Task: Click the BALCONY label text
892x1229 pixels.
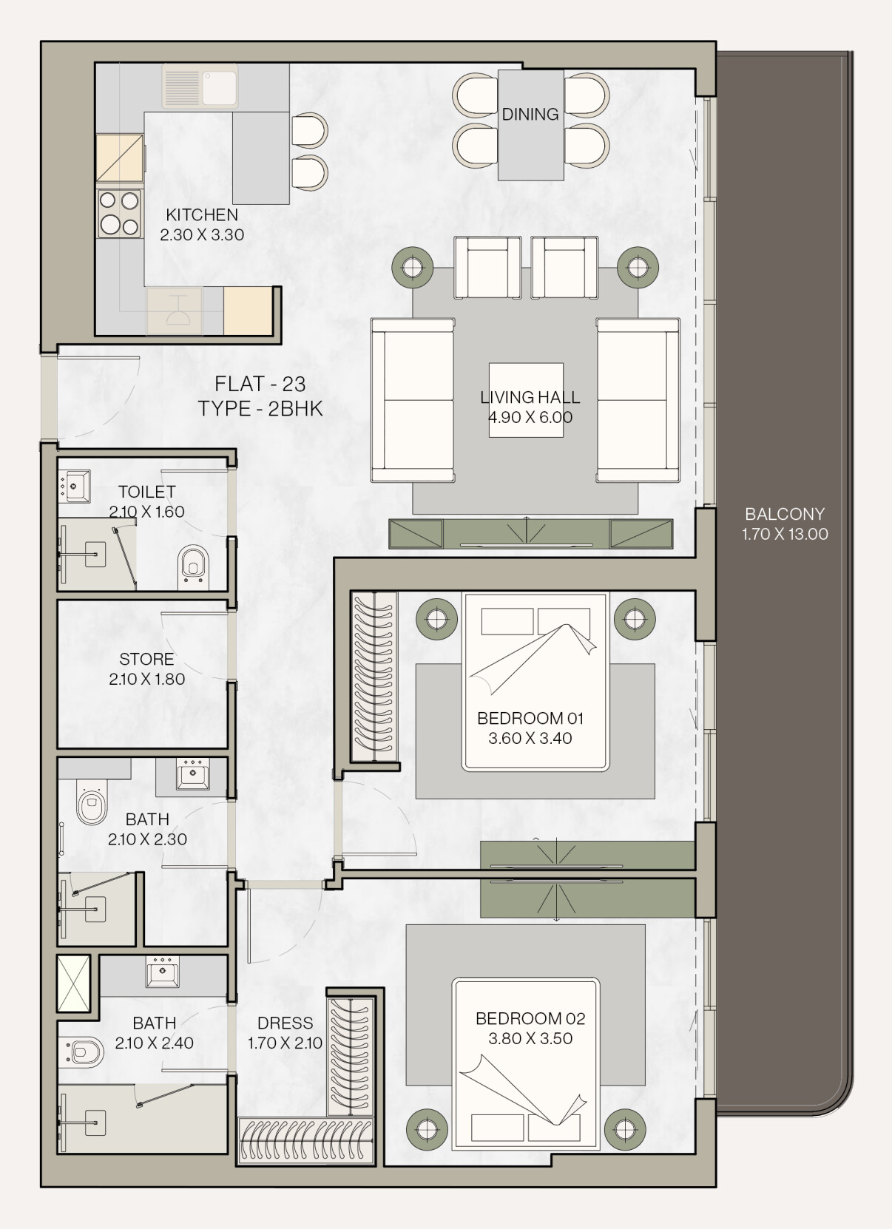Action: (x=785, y=514)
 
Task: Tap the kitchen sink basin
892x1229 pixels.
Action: (x=220, y=88)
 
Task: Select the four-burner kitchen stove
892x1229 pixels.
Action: (x=119, y=214)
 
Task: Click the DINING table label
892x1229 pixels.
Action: (x=530, y=114)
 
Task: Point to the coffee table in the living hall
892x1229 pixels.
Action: (x=526, y=400)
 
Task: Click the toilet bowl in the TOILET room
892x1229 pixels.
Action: (x=193, y=566)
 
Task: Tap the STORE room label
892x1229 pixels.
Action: (x=146, y=659)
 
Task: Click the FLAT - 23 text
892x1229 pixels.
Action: (x=260, y=384)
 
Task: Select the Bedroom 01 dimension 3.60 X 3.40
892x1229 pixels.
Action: (x=530, y=738)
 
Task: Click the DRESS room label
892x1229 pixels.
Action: (x=285, y=1023)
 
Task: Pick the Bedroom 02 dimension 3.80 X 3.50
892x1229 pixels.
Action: (x=530, y=1038)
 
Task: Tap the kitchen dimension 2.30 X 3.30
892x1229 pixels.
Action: (x=202, y=235)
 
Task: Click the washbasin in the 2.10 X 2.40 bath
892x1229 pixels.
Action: (x=163, y=972)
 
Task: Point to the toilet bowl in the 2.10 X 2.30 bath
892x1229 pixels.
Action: (x=91, y=802)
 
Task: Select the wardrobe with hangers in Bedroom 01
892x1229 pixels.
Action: (x=374, y=677)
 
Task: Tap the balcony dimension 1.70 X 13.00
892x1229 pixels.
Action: (x=785, y=534)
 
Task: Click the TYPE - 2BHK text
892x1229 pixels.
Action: (x=260, y=409)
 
